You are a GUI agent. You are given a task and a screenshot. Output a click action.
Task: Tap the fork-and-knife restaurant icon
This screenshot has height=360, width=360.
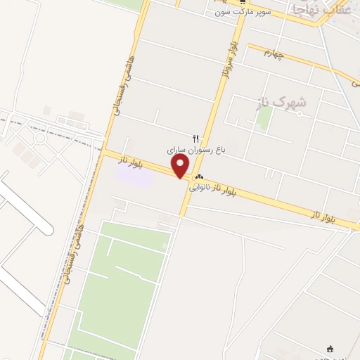click(196, 139)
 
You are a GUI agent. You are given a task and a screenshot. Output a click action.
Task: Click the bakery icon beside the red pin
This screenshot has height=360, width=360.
click(200, 177)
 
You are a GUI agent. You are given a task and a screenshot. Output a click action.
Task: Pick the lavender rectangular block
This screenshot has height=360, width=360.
click(134, 174)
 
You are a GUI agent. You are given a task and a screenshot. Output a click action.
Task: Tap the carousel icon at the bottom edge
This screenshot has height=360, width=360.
click(330, 349)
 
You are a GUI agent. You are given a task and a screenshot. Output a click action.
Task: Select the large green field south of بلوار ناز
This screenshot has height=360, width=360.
click(120, 281)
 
